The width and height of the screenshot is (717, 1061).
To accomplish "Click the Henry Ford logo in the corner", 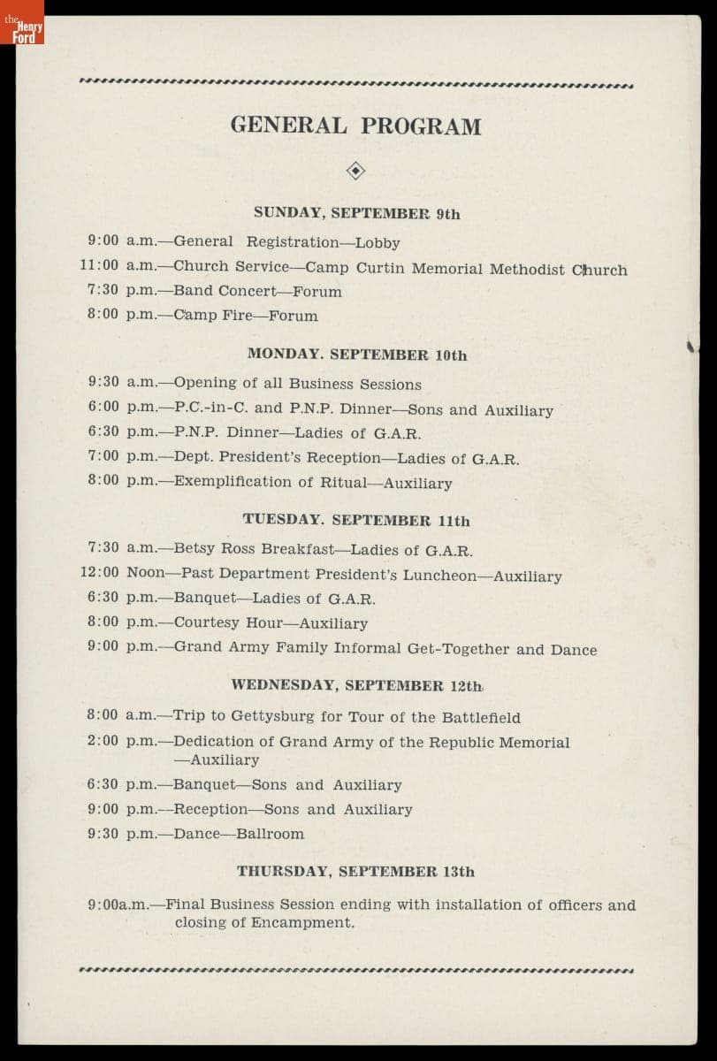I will point(22,22).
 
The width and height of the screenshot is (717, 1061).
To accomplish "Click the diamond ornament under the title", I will point(355,172).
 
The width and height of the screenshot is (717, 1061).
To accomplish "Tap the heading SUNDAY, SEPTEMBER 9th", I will point(356,213).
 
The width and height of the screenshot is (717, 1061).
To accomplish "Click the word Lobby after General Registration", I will point(378,243).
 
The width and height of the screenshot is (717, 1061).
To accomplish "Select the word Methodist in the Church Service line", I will point(527,270).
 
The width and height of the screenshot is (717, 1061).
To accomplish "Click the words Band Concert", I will point(225,291).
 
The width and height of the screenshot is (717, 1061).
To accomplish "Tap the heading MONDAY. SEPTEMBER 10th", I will point(357,355).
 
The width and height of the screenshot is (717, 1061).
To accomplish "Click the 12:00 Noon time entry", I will point(122,572).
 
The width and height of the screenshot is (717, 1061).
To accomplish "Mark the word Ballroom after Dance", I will point(270,834).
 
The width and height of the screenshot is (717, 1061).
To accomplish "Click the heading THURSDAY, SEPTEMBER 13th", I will point(355,871).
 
